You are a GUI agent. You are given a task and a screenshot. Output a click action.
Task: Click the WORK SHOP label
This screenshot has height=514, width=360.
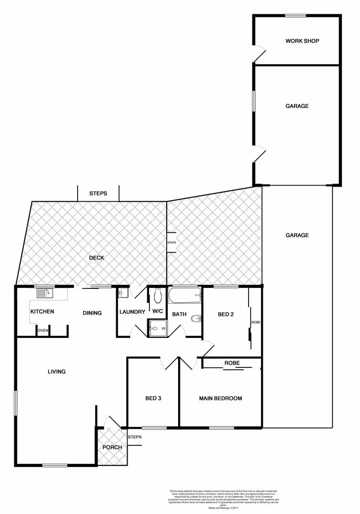pos(302,41)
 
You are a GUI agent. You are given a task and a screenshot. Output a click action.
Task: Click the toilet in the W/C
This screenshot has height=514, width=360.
pos(158,297)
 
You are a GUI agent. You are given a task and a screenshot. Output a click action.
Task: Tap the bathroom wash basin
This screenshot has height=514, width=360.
pos(196,318)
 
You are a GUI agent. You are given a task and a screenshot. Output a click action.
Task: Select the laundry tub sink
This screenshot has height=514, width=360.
pos(123,293)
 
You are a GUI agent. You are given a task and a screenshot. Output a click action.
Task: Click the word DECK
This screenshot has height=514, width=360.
pos(97,258)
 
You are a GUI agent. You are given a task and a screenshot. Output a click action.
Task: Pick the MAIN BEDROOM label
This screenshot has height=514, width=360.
pos(220,398)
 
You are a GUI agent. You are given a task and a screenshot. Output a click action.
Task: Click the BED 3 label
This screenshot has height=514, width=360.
pos(153,398)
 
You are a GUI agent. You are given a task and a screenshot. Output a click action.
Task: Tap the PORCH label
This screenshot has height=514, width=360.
pos(112,447)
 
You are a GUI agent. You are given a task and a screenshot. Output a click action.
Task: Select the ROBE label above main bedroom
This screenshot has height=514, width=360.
pos(231,363)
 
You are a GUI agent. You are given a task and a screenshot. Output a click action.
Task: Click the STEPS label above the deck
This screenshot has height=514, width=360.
pos(98,194)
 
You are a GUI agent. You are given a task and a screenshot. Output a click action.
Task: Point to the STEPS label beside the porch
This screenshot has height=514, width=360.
pos(134,437)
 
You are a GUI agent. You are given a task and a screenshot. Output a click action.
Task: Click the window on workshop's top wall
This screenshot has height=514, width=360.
pos(295,16)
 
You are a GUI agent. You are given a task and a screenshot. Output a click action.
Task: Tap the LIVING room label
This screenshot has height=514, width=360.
pos(56,372)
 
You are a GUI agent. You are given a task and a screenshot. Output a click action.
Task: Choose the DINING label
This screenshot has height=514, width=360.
pos(92,313)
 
